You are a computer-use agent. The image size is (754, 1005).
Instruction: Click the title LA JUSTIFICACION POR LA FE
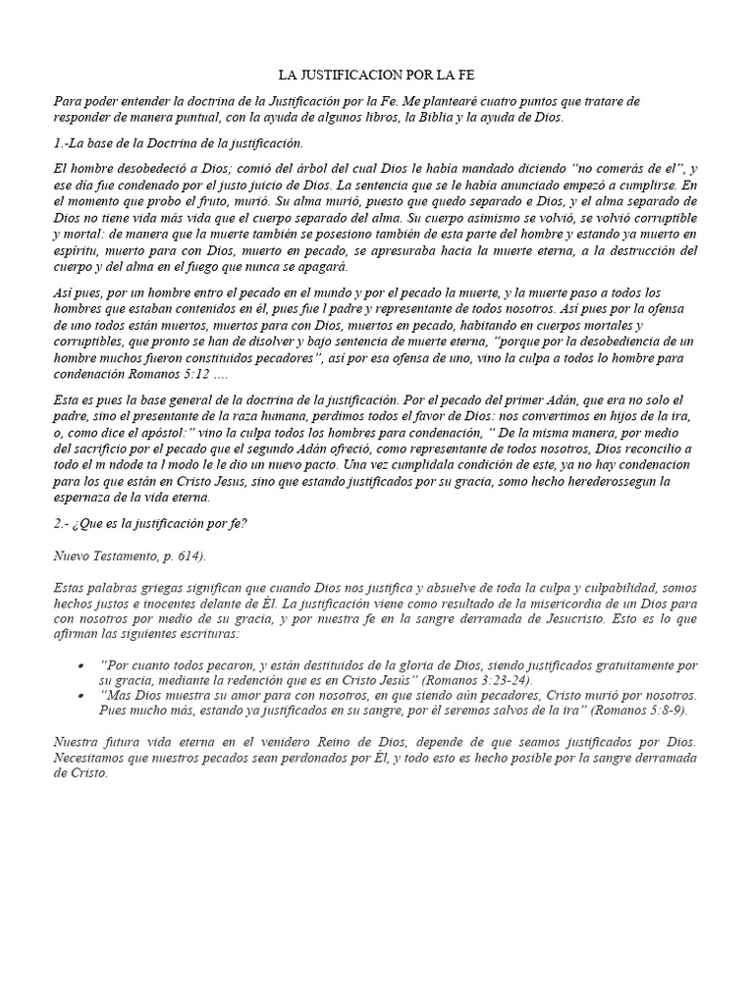click(x=377, y=75)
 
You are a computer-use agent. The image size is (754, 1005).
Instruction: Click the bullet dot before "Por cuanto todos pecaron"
click(x=79, y=665)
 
